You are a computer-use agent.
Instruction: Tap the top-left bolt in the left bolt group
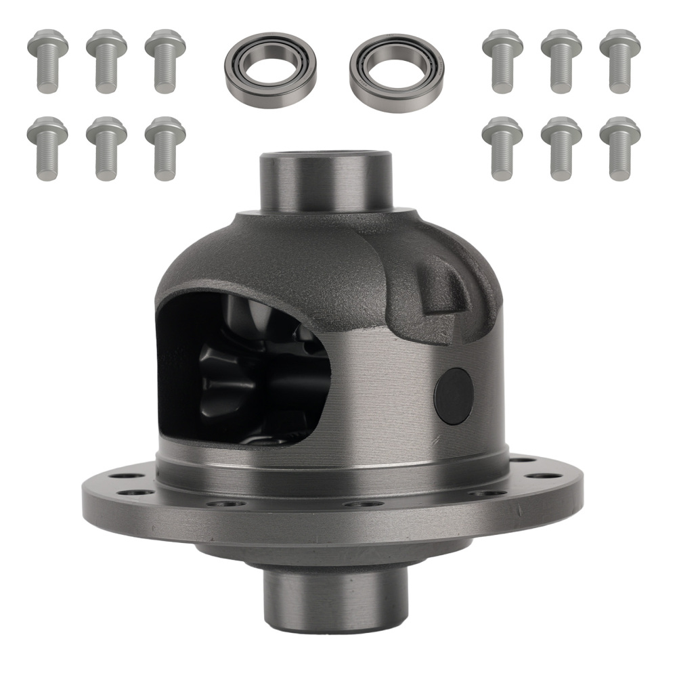(47, 61)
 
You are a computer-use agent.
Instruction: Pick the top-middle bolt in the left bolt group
(106, 61)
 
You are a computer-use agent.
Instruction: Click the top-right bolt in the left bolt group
(165, 61)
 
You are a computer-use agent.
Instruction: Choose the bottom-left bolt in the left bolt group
(47, 148)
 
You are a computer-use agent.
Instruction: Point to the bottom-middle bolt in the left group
(106, 148)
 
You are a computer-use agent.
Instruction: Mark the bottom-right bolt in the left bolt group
(165, 148)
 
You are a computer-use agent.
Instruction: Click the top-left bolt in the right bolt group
(502, 61)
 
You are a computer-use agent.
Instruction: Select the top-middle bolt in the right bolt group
(561, 61)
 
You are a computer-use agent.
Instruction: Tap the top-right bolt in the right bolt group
(620, 61)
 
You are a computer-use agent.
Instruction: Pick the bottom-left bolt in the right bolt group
(502, 148)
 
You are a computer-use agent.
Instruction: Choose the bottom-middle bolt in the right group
(561, 148)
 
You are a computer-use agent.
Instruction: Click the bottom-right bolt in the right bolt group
(620, 148)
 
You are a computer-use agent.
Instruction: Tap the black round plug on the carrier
(453, 396)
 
